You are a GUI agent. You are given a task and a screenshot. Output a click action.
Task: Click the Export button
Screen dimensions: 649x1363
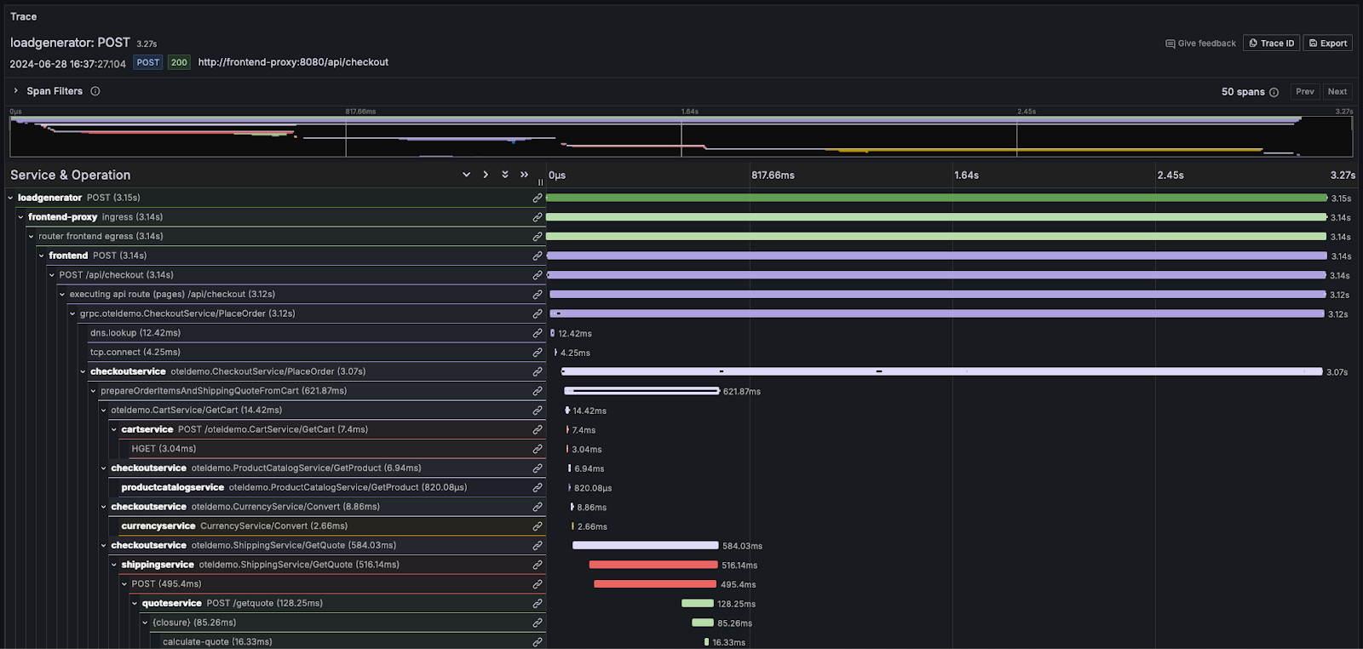click(x=1327, y=43)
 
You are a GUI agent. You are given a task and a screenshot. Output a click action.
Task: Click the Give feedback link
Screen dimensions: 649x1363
click(x=1200, y=43)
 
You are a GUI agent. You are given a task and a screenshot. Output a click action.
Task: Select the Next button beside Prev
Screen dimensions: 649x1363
click(x=1337, y=92)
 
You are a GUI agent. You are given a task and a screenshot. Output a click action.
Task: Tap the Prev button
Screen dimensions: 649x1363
click(x=1304, y=92)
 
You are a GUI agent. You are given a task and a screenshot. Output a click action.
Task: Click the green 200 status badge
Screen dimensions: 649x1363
click(x=179, y=62)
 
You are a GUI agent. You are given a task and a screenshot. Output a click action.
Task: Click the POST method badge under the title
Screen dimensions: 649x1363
click(x=148, y=62)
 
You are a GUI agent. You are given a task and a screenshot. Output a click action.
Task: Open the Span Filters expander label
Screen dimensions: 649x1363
click(x=55, y=91)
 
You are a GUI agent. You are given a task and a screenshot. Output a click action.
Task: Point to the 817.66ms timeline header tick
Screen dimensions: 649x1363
click(x=773, y=175)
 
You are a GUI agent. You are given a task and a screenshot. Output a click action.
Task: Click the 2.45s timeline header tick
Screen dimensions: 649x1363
click(x=1170, y=175)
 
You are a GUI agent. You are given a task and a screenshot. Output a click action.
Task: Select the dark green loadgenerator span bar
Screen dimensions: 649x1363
click(x=936, y=198)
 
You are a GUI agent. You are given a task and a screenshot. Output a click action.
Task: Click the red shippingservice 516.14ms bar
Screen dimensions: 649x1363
click(x=653, y=565)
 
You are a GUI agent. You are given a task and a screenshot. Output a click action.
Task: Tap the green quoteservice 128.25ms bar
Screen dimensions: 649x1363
click(x=697, y=604)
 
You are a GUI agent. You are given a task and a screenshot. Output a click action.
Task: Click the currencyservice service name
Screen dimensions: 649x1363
click(x=158, y=526)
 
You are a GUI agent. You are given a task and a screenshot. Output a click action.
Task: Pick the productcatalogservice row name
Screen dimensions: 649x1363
click(x=172, y=488)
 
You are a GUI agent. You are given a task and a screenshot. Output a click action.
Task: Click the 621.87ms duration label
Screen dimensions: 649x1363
click(x=741, y=392)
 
